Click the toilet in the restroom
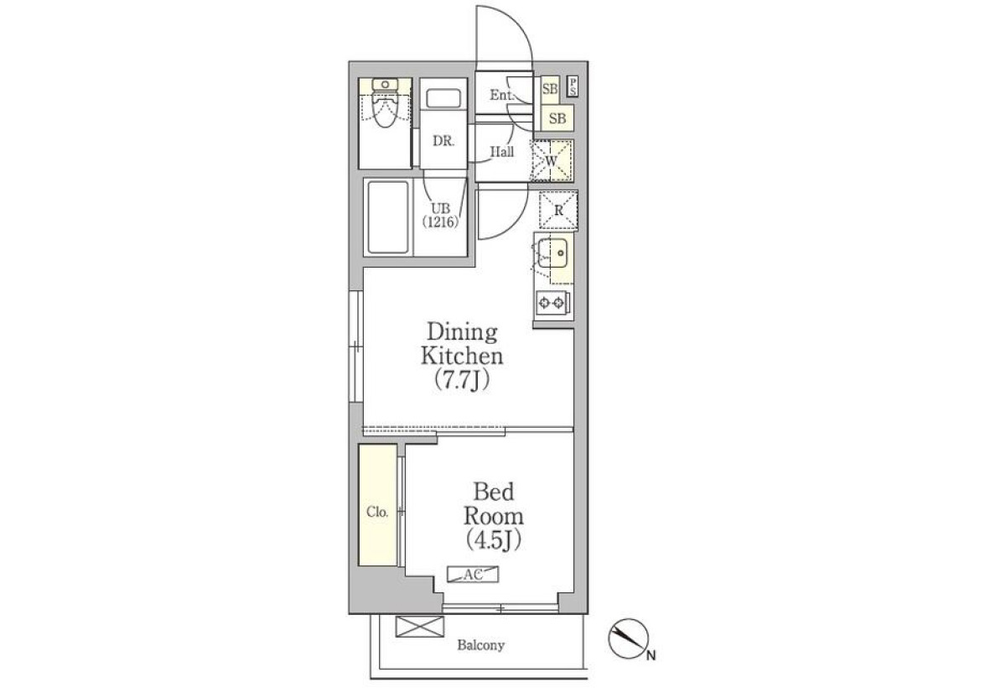click(x=385, y=103)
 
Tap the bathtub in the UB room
click(x=388, y=218)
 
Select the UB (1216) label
click(x=440, y=215)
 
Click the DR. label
click(x=443, y=141)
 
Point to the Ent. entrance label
click(x=501, y=95)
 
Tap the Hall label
click(x=501, y=151)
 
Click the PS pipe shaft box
click(x=573, y=86)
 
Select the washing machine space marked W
click(x=552, y=160)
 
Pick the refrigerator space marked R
click(x=558, y=211)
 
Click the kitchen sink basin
click(x=553, y=253)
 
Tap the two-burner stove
click(x=552, y=304)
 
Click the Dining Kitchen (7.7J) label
click(x=462, y=357)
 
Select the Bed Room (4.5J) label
click(x=493, y=516)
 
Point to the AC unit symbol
click(x=473, y=574)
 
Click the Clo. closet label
click(x=377, y=512)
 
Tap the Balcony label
click(x=480, y=645)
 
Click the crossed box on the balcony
click(x=419, y=627)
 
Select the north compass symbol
click(x=628, y=638)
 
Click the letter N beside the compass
click(x=651, y=655)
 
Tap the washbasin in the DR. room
click(x=443, y=98)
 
